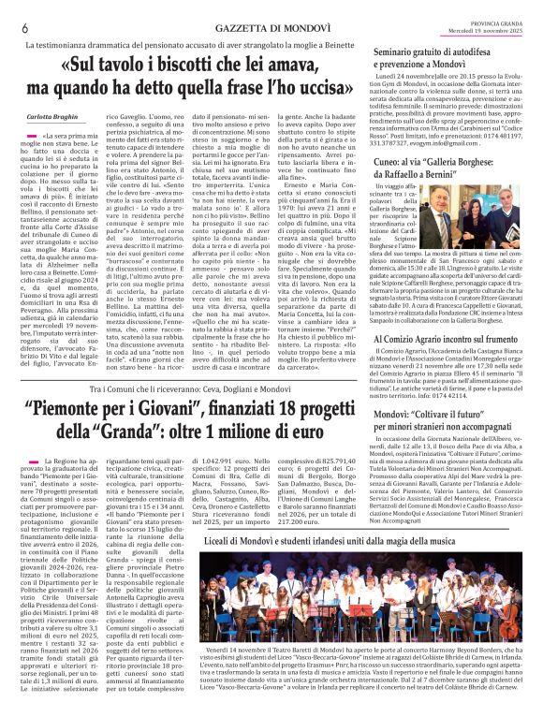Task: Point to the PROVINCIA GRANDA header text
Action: [x=495, y=22]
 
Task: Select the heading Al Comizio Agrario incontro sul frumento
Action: [x=447, y=338]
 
